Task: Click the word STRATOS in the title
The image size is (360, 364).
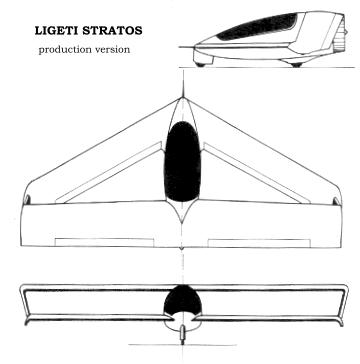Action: click(x=112, y=31)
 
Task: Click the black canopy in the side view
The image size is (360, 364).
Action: click(x=258, y=27)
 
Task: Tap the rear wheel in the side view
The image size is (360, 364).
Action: click(x=296, y=65)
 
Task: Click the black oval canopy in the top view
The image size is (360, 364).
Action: click(x=182, y=162)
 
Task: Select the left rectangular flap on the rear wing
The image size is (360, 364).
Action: click(x=104, y=243)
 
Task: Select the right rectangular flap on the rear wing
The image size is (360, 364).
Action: click(x=259, y=243)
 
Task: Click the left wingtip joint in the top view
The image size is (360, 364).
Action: click(x=27, y=200)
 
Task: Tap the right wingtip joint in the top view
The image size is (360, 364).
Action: click(x=337, y=201)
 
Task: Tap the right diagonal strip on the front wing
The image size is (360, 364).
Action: click(x=257, y=173)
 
